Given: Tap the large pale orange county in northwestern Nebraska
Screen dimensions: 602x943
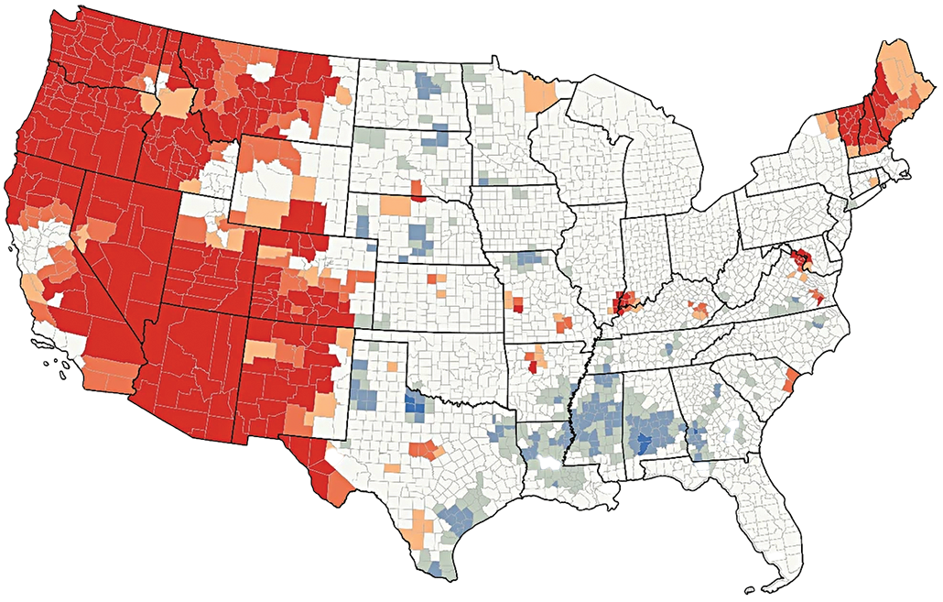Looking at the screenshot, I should [x=394, y=203].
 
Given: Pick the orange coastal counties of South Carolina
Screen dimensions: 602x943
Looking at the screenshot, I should [x=790, y=377].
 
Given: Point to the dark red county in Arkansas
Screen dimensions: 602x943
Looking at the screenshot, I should [x=534, y=367].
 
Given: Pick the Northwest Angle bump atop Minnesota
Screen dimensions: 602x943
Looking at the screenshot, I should [x=495, y=61].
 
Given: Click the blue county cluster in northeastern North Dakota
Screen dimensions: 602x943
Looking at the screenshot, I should [x=427, y=85].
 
